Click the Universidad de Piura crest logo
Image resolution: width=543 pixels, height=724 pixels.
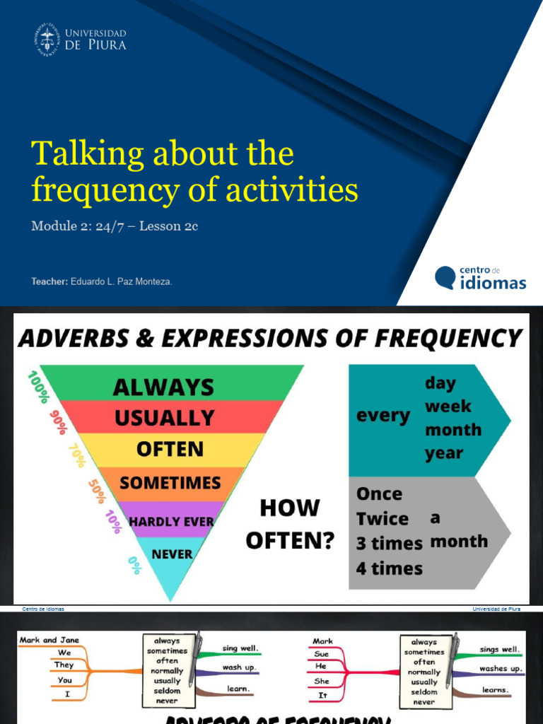pyautogui.click(x=47, y=39)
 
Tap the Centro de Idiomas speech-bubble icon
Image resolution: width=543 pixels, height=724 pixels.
pyautogui.click(x=445, y=277)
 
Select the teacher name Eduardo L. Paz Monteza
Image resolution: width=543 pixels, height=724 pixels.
pyautogui.click(x=121, y=281)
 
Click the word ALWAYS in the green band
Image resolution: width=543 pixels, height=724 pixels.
pyautogui.click(x=163, y=387)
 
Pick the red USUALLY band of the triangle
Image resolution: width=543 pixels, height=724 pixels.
pyautogui.click(x=164, y=417)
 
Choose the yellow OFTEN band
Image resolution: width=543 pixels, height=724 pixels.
pyautogui.click(x=170, y=449)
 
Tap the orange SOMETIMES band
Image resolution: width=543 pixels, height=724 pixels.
pyautogui.click(x=170, y=483)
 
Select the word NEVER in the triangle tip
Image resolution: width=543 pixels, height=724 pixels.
pyautogui.click(x=172, y=554)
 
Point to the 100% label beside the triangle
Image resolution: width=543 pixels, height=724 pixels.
pyautogui.click(x=37, y=385)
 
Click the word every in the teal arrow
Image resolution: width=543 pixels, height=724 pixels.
pyautogui.click(x=383, y=416)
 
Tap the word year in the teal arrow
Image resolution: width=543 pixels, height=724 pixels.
pyautogui.click(x=443, y=453)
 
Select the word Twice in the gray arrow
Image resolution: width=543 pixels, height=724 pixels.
pyautogui.click(x=383, y=519)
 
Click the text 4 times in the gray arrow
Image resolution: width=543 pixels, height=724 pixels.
pyautogui.click(x=390, y=568)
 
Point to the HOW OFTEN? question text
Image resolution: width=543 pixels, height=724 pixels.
pyautogui.click(x=290, y=524)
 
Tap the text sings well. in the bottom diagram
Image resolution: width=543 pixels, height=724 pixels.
pyautogui.click(x=499, y=649)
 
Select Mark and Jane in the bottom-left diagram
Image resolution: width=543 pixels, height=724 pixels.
pyautogui.click(x=49, y=640)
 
